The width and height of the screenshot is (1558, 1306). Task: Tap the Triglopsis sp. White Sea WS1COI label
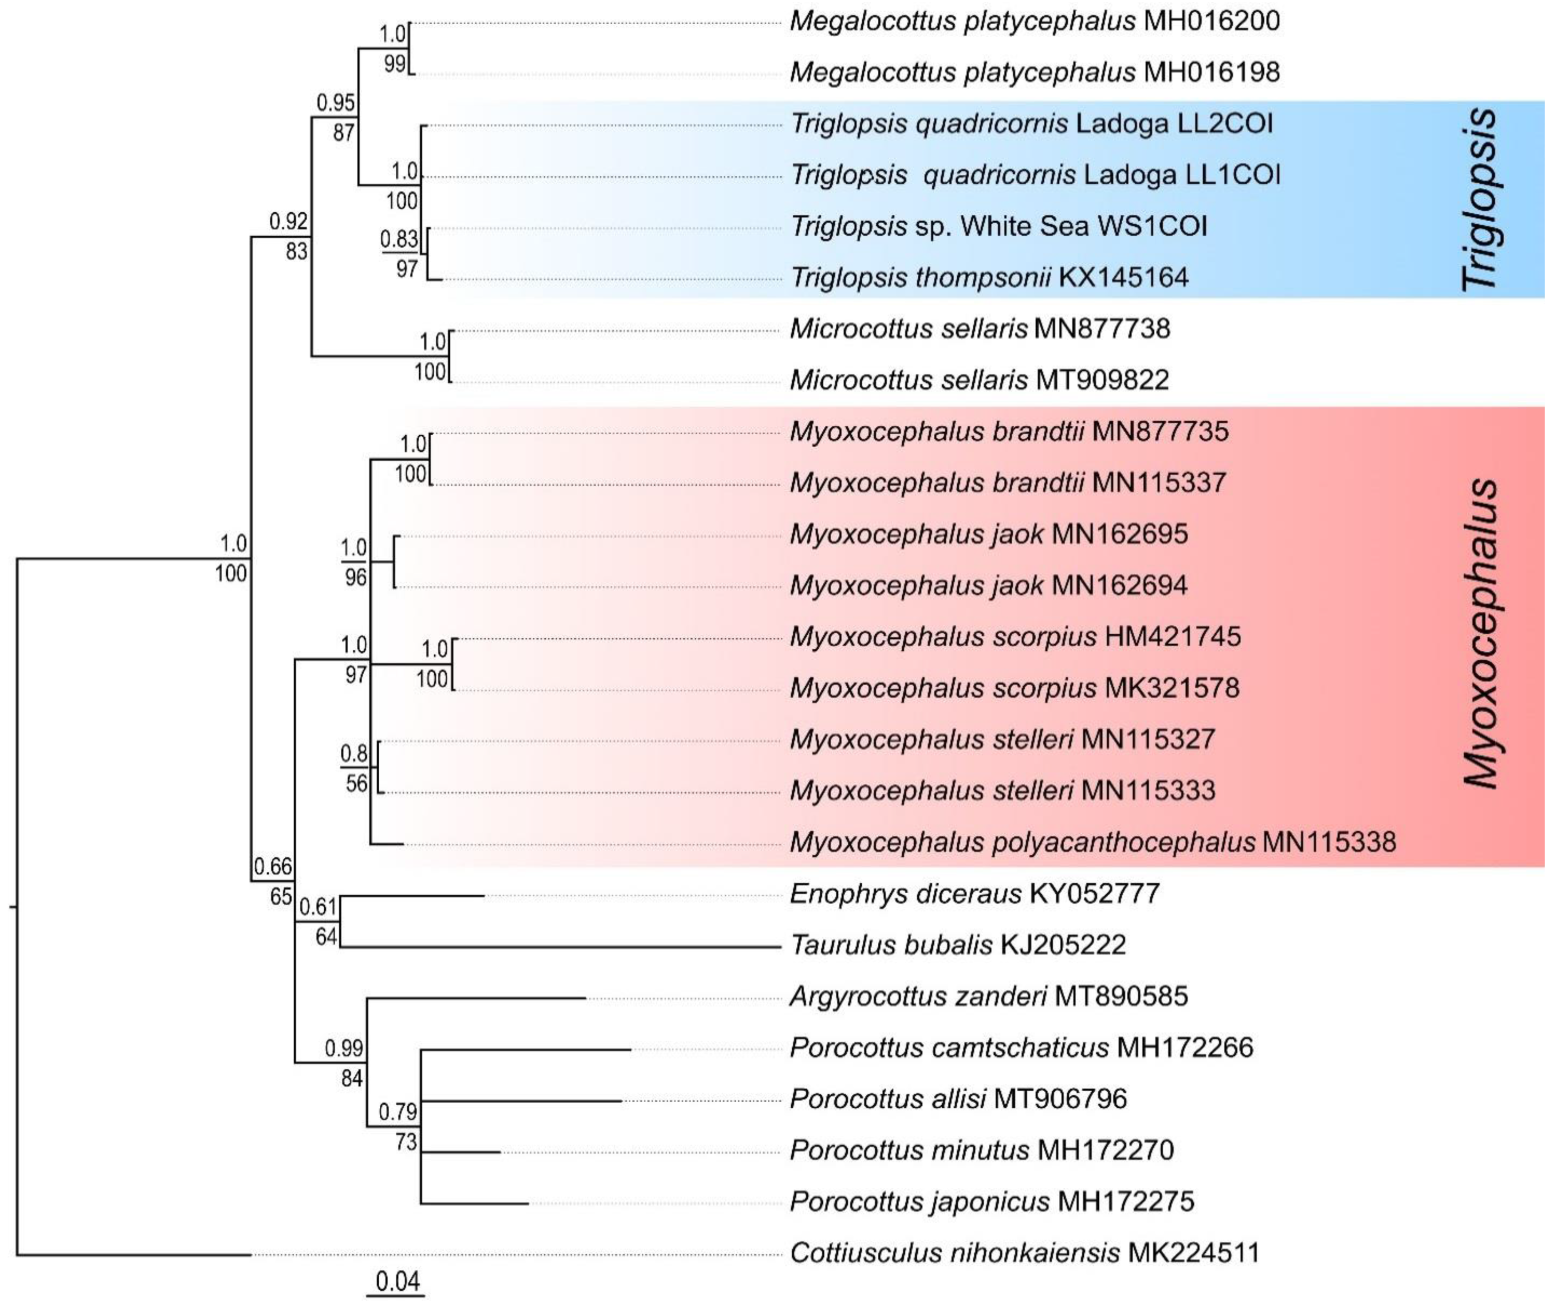[998, 226]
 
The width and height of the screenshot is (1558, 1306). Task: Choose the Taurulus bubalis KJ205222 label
[958, 945]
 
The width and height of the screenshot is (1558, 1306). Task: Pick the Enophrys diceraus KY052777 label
[974, 893]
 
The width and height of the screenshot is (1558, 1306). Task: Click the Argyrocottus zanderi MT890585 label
[988, 996]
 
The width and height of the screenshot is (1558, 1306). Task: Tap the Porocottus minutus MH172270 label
[981, 1150]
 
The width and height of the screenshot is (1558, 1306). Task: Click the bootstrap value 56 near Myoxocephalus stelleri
[357, 784]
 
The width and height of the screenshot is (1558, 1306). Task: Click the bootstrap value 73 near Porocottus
[406, 1141]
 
